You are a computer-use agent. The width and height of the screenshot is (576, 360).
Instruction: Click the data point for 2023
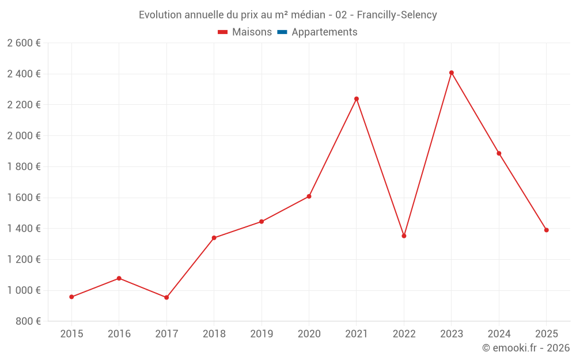[451, 73]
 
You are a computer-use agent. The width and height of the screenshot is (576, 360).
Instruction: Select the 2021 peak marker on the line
[357, 98]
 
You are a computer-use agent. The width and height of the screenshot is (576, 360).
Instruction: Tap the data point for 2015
[71, 297]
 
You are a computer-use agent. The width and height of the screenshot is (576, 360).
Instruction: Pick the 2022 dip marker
[404, 236]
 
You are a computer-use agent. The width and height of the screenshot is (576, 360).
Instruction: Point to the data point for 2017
[166, 297]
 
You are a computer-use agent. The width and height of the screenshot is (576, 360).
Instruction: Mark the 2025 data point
[546, 230]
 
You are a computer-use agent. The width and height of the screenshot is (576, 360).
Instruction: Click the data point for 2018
[214, 238]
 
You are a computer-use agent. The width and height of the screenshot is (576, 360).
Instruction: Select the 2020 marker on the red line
[309, 196]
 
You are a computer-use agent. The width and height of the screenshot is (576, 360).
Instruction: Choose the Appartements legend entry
[324, 32]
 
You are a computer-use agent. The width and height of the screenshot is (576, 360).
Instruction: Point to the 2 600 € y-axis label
[24, 43]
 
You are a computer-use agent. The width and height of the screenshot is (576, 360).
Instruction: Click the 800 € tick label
[28, 321]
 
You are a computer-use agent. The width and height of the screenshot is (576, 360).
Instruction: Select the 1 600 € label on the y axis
[24, 198]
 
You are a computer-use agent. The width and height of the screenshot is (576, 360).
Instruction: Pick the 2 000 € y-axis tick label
[24, 136]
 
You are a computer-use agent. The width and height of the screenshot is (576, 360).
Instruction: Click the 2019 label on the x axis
[262, 334]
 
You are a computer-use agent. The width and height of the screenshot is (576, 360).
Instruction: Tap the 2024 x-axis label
[499, 334]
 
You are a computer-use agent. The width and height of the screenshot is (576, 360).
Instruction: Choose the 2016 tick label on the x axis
[119, 334]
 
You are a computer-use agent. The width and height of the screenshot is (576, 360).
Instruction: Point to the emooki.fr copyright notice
[526, 348]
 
